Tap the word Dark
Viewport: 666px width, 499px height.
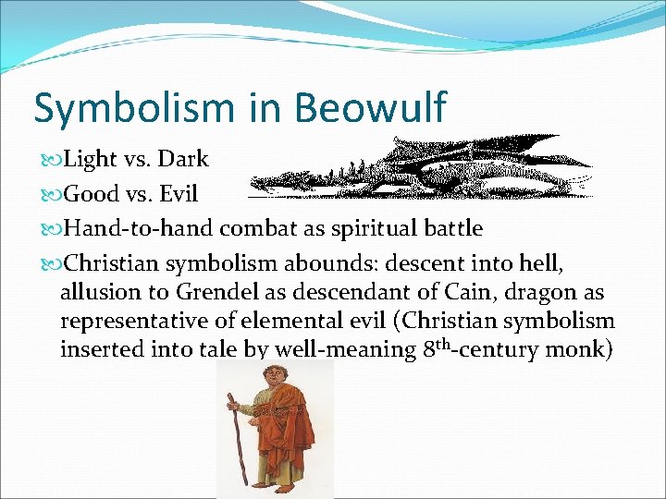183,159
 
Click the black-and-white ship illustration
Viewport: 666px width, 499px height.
421,167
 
